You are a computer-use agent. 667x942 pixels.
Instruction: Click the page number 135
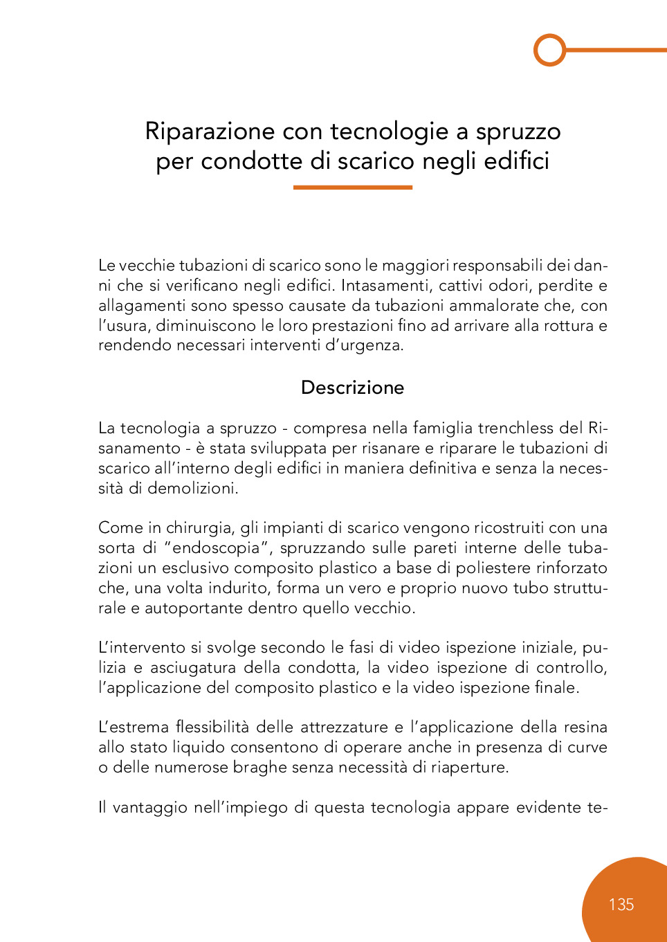point(621,905)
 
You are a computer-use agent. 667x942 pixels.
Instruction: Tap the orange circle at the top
point(550,50)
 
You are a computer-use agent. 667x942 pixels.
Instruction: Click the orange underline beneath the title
point(352,187)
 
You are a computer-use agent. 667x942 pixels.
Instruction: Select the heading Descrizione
point(352,388)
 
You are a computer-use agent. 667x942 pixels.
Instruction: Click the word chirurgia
point(200,528)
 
